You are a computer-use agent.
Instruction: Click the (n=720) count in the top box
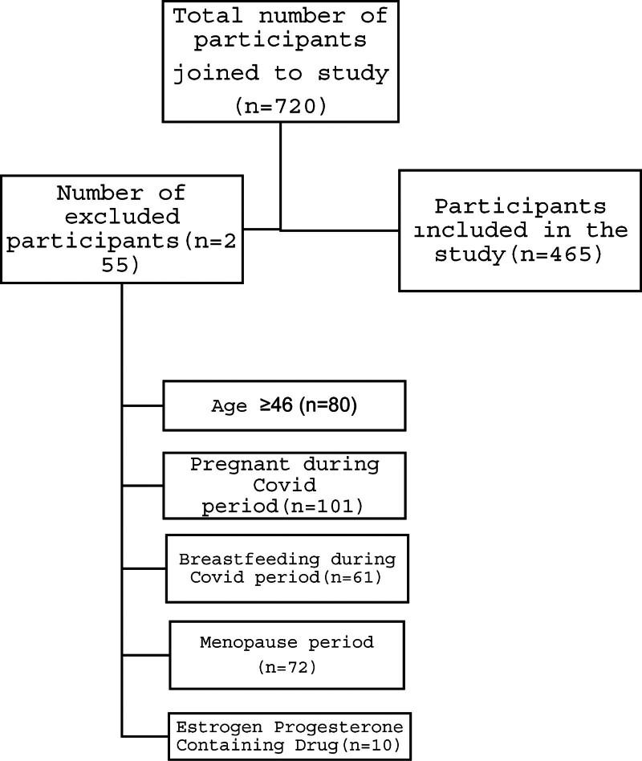280,106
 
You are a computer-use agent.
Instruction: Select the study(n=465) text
518,255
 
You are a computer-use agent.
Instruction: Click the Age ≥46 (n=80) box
283,405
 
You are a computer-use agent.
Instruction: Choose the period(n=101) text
282,507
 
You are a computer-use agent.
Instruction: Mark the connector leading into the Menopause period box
146,651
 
